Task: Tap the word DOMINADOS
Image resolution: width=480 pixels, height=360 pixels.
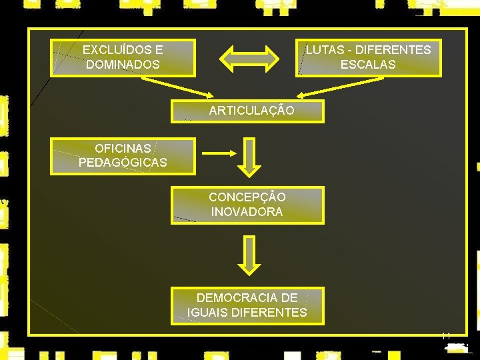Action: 123,65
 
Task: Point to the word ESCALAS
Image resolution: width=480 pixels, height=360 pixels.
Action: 368,65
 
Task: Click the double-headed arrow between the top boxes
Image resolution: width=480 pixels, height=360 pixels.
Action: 249,58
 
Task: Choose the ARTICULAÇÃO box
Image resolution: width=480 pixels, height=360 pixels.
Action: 248,111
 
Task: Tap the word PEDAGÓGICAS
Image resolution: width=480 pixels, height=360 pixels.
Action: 123,163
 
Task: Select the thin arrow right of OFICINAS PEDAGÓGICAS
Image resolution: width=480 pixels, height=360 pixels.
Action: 215,153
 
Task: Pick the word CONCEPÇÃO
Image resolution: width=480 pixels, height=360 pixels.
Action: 247,197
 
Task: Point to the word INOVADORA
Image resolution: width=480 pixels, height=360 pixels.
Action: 247,212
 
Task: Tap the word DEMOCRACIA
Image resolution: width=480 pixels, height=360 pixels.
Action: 247,297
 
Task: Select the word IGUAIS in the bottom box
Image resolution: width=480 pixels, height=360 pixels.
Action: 206,312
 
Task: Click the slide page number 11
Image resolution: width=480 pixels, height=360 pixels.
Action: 446,335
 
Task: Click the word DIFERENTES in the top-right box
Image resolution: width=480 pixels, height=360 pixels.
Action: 393,50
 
